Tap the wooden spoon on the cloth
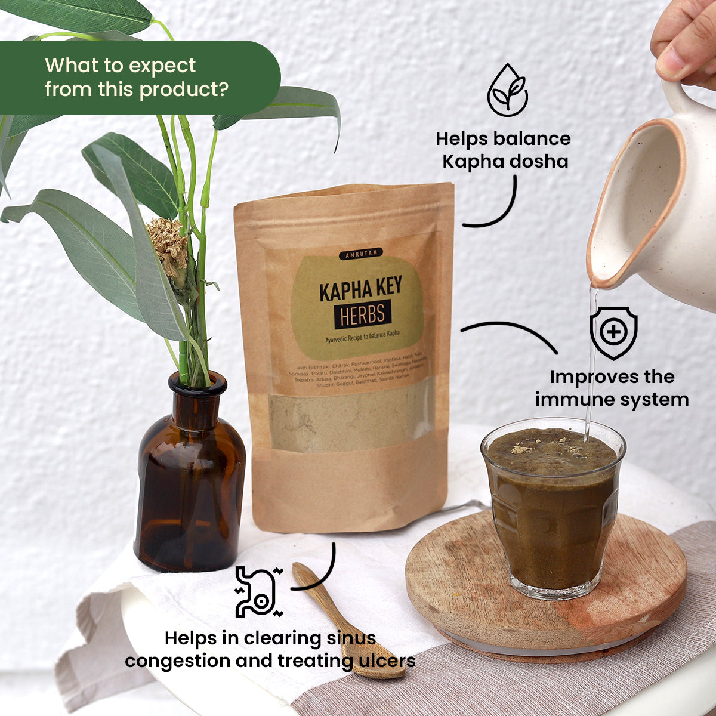tap(352, 621)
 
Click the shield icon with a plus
tap(613, 332)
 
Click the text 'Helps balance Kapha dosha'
tap(503, 150)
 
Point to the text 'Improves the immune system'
tap(612, 388)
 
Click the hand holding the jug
tap(686, 42)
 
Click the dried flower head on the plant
tap(169, 245)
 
